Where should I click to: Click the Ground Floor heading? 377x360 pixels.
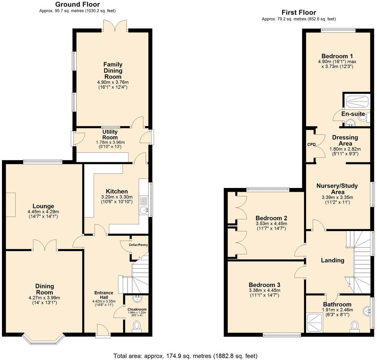(x=77, y=4)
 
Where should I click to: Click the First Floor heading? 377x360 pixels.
(x=298, y=13)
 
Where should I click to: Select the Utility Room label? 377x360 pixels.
(x=110, y=135)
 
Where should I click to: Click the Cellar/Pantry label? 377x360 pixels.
(x=138, y=245)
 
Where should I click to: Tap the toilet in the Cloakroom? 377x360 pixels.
(x=137, y=326)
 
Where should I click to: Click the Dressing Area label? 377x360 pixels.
(x=345, y=140)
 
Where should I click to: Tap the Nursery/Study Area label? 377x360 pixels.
(x=337, y=189)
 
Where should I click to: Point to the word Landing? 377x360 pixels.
(x=332, y=260)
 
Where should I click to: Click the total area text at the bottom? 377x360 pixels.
(x=185, y=356)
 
